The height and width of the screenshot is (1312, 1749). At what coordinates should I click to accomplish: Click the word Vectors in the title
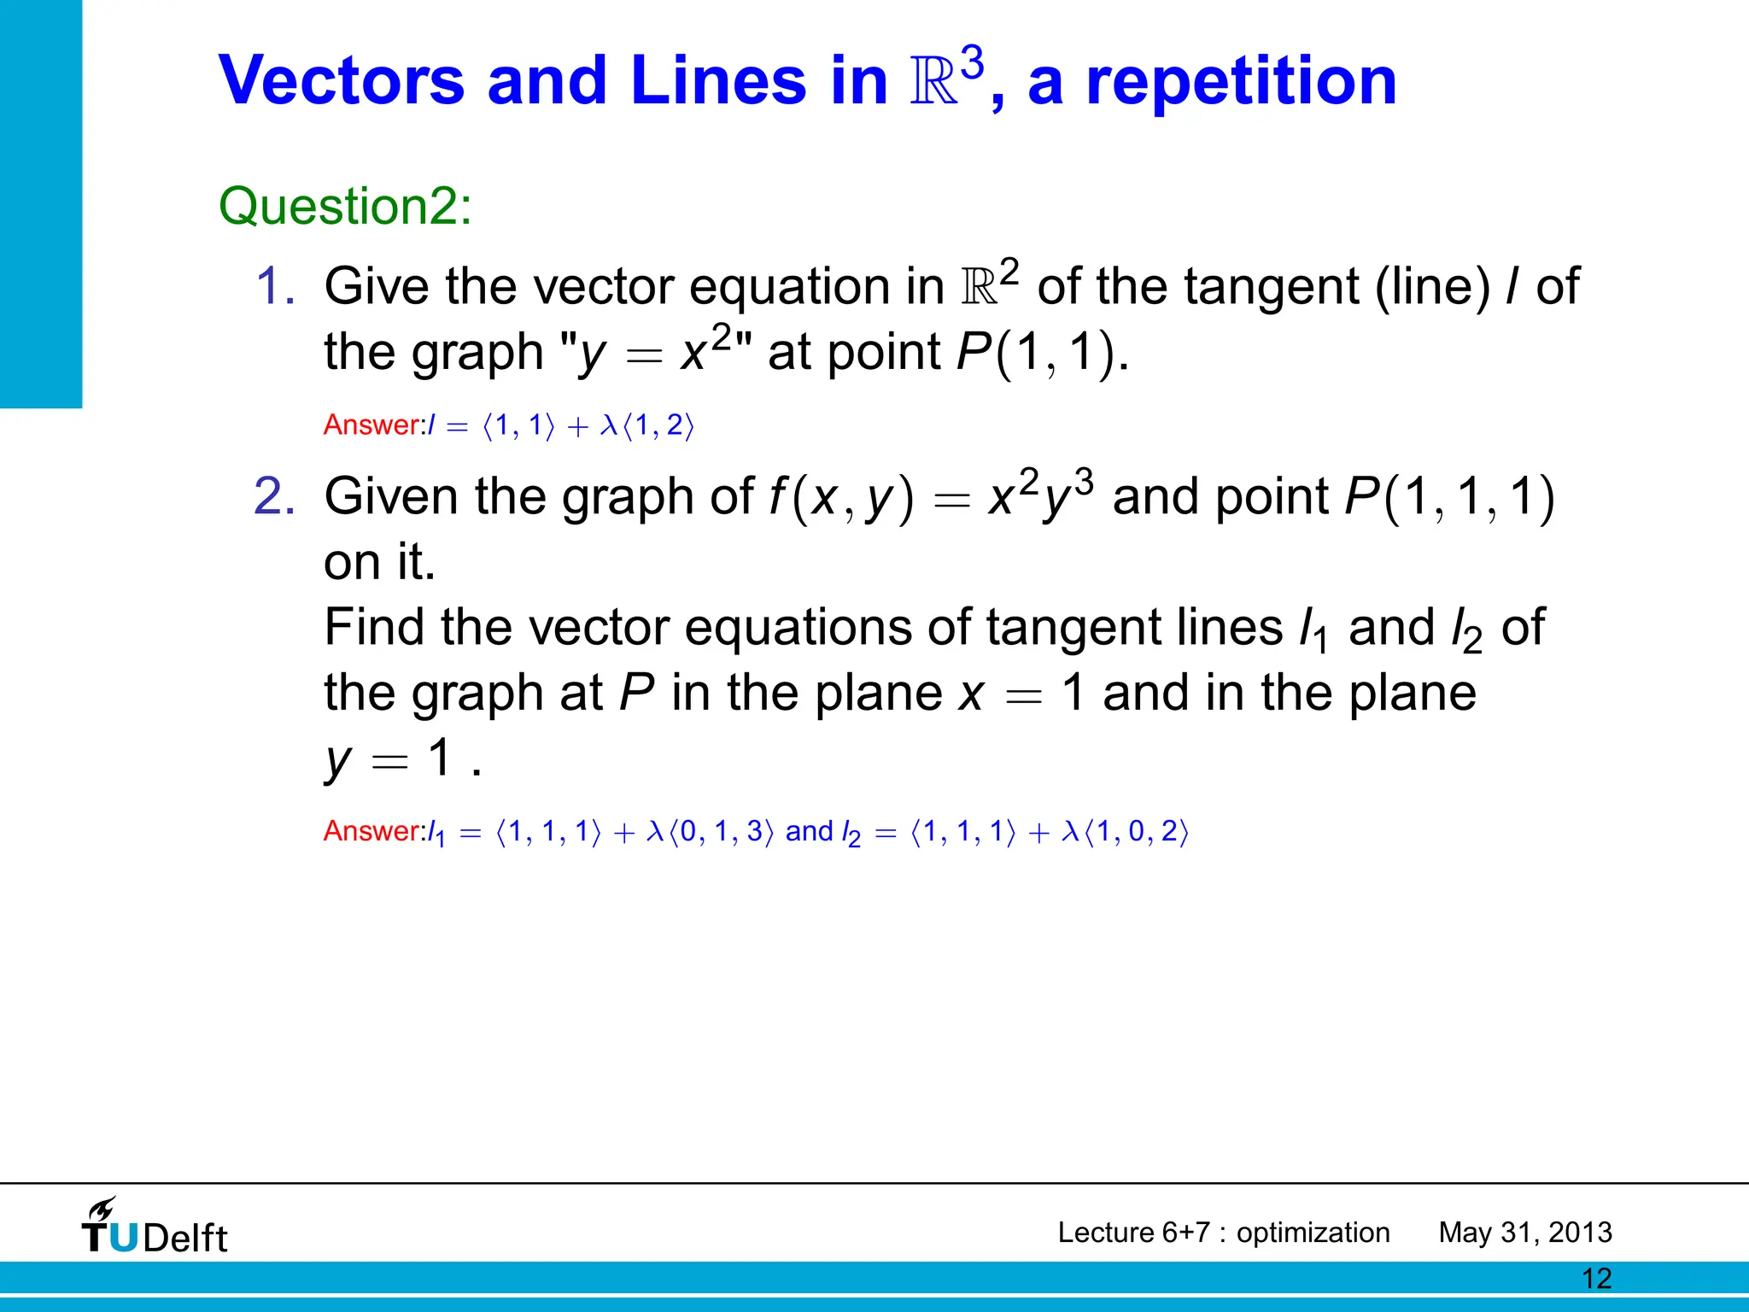(x=342, y=81)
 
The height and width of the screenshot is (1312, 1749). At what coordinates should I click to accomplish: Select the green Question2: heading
(x=345, y=207)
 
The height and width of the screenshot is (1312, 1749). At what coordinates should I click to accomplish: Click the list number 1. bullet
(x=275, y=286)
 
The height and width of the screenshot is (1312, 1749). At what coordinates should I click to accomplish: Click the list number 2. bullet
(x=275, y=496)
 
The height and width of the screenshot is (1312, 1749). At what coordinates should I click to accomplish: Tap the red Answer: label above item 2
(x=374, y=425)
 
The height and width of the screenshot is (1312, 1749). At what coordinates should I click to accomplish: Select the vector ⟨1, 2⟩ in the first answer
(x=658, y=425)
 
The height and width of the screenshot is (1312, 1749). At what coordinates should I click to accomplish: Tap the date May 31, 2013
(x=1525, y=1233)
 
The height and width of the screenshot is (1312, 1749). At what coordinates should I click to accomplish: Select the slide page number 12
(x=1596, y=1279)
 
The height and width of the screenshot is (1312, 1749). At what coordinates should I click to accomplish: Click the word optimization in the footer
(x=1313, y=1233)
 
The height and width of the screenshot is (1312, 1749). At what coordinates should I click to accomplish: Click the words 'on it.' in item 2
(x=379, y=562)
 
